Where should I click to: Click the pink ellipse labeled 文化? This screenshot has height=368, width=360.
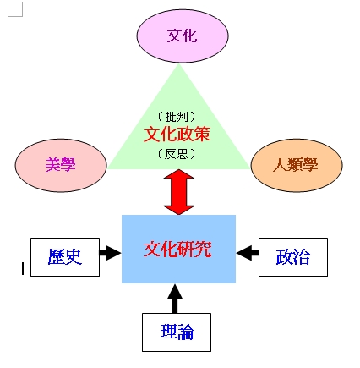coord(183,36)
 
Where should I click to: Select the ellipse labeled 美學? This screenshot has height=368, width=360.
coord(61,165)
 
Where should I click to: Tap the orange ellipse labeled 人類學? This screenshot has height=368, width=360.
coord(297,165)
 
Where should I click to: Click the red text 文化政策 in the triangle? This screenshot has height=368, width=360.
coord(177,134)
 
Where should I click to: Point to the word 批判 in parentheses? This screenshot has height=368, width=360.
coord(177,116)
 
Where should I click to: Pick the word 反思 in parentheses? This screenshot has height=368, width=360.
coord(177,154)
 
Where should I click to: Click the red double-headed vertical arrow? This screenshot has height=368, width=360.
coord(179,192)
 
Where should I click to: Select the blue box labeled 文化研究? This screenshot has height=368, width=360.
coord(178,249)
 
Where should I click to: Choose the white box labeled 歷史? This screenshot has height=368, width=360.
coord(65,257)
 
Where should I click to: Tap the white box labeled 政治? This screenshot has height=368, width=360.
coord(293,257)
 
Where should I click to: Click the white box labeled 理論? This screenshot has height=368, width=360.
coord(177,332)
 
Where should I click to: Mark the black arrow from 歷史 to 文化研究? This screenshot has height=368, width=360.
coord(110,253)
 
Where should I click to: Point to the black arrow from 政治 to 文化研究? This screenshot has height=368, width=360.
coord(248,253)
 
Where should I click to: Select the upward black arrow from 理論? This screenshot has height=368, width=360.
coord(175,299)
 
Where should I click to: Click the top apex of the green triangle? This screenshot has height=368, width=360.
coord(178,63)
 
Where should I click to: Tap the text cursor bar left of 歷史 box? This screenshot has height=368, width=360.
coord(23,268)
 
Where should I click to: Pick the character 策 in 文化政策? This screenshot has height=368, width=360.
coord(202,134)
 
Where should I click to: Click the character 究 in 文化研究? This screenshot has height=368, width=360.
coord(203,249)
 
